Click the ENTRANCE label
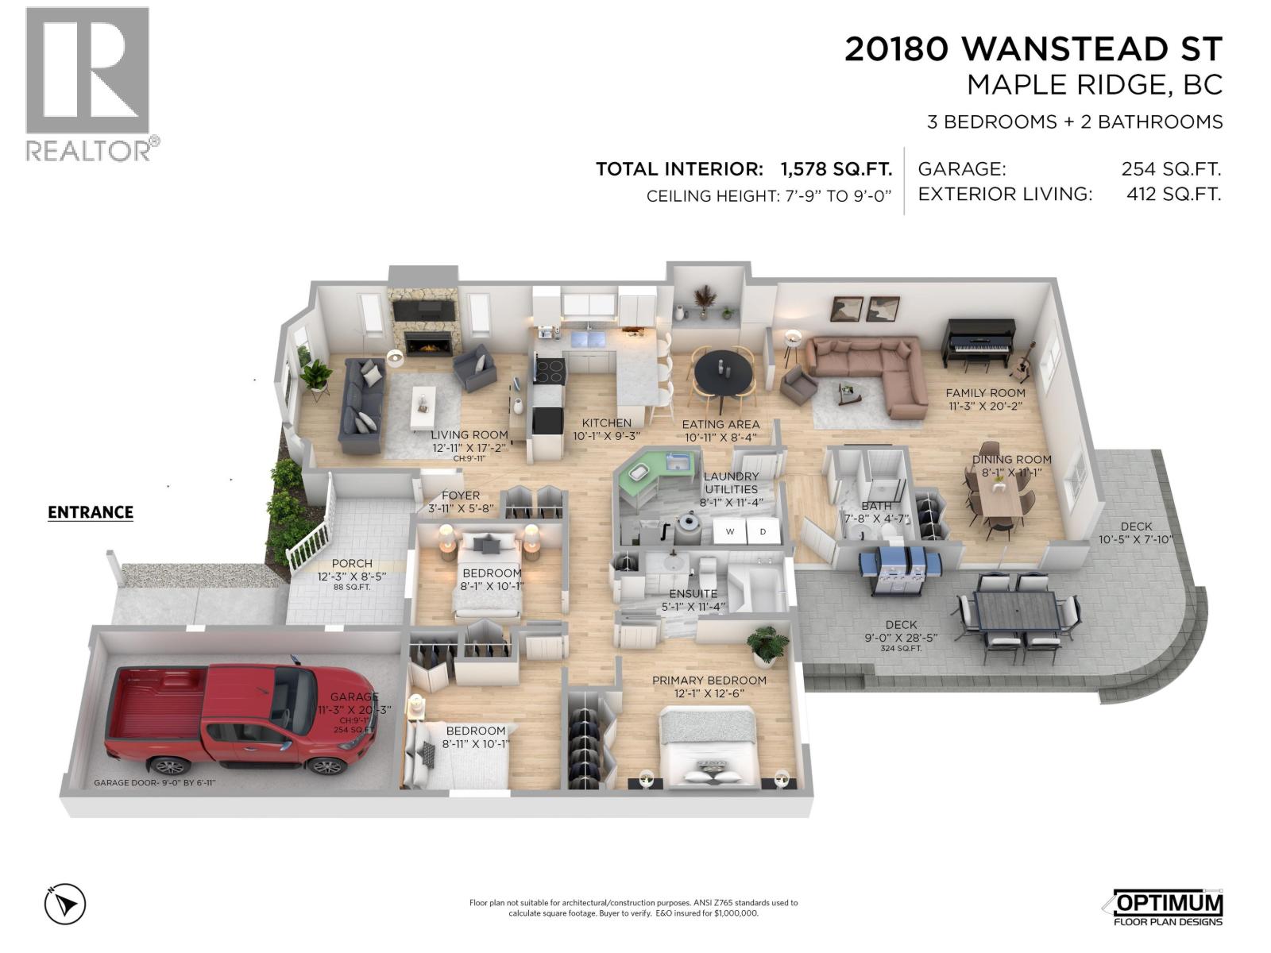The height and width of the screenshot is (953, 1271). [91, 512]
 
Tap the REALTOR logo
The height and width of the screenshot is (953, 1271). [88, 83]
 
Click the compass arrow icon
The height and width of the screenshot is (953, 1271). [65, 904]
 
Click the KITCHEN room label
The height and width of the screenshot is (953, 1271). [606, 423]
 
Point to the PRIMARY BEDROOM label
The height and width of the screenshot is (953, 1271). [709, 681]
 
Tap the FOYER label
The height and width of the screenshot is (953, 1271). [461, 496]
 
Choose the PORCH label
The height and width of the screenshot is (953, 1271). [351, 564]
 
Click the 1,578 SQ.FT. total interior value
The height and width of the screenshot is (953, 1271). [836, 169]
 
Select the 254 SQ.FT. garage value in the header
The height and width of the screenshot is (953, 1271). [1170, 169]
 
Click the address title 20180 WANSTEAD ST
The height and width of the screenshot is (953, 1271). [1033, 49]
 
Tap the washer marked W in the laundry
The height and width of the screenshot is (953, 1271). [729, 531]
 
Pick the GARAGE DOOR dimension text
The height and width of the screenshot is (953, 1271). [155, 782]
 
